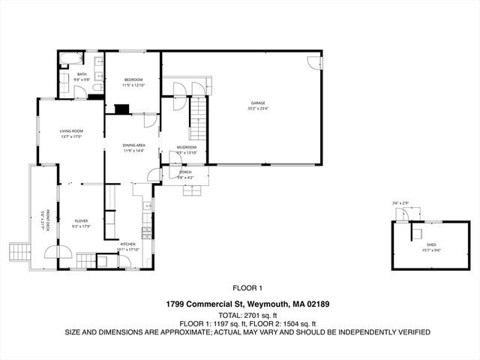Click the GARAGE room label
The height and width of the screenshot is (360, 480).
pos(258,103)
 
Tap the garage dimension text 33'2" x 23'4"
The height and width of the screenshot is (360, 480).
pos(258,109)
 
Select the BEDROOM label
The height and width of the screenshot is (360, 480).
pos(133,79)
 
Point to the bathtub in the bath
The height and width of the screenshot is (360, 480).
pos(67,59)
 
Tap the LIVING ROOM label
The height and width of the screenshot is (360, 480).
pos(71,131)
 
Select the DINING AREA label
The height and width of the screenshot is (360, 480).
pos(134,145)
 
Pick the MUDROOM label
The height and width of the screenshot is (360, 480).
pos(187,147)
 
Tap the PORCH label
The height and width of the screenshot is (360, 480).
pos(185,172)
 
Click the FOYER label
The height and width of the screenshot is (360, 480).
pos(81,220)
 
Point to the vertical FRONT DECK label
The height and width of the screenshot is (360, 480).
pos(47,222)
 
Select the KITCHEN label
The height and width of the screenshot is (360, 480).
pos(128,244)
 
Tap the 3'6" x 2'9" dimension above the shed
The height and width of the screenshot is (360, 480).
pos(400,203)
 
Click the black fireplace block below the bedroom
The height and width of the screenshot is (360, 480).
pos(121,108)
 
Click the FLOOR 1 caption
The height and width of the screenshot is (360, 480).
pos(247,288)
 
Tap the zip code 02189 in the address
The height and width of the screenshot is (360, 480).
pos(317,304)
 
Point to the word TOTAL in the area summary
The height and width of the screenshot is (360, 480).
pos(228,315)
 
